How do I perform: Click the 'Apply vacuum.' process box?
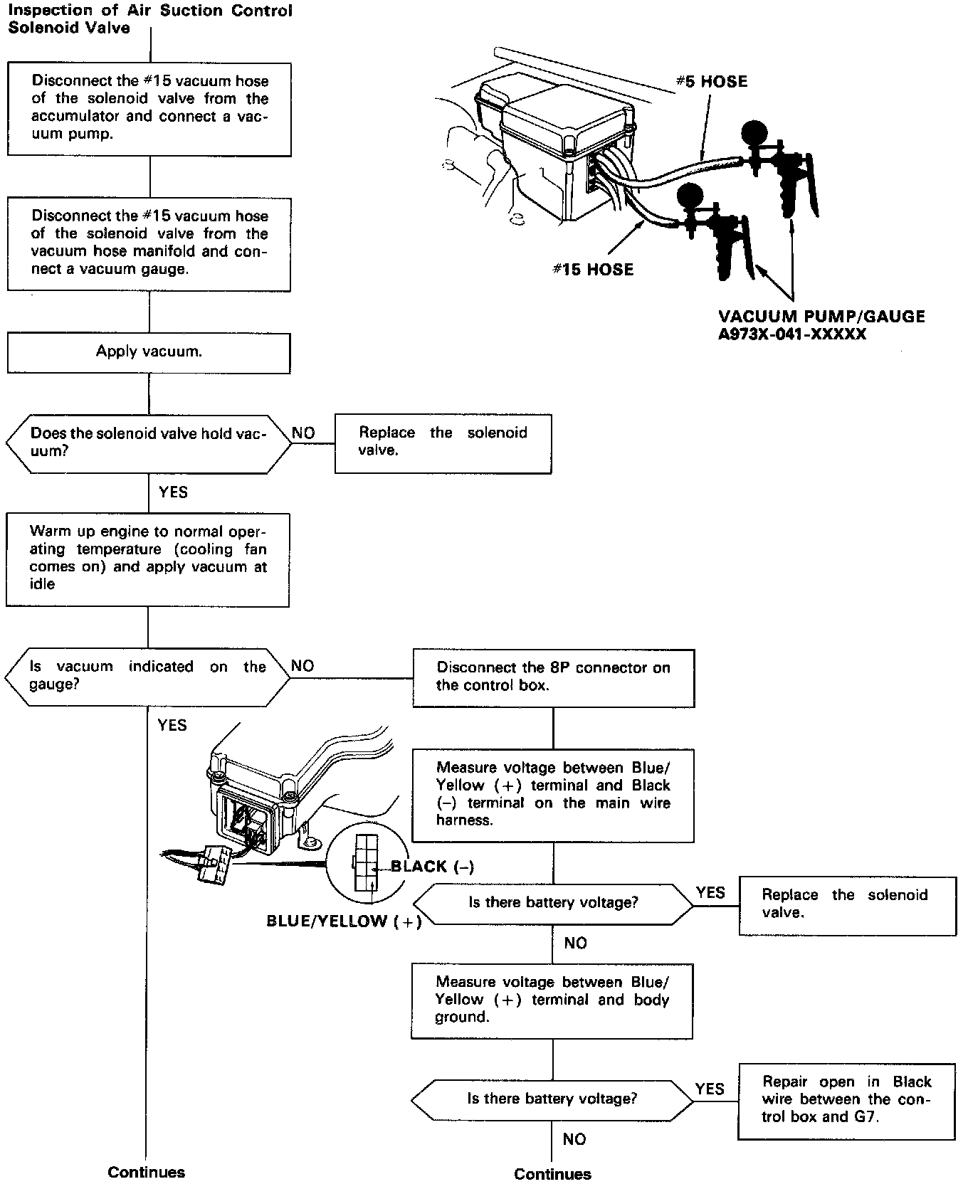pos(149,353)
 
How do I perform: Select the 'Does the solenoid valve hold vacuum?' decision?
pos(149,443)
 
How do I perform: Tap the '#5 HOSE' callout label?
pos(711,82)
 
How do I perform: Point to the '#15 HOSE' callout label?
pos(593,270)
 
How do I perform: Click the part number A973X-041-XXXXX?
pos(792,334)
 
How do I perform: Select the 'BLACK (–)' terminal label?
pos(432,867)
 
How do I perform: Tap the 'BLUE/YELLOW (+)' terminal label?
pos(344,921)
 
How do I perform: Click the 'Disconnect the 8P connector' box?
pos(553,677)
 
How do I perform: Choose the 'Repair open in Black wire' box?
pos(846,1099)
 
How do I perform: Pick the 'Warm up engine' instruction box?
pos(147,559)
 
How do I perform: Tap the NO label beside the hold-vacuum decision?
pos(303,433)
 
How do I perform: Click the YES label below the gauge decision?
pos(172,725)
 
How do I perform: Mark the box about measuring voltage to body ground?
pos(552,1000)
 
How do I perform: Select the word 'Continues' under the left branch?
pos(146,1172)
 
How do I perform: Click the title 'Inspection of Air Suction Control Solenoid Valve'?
pos(149,20)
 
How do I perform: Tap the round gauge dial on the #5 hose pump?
pos(755,134)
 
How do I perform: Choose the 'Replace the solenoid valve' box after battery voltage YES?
pos(848,904)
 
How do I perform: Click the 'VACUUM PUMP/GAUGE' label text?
pos(821,317)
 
